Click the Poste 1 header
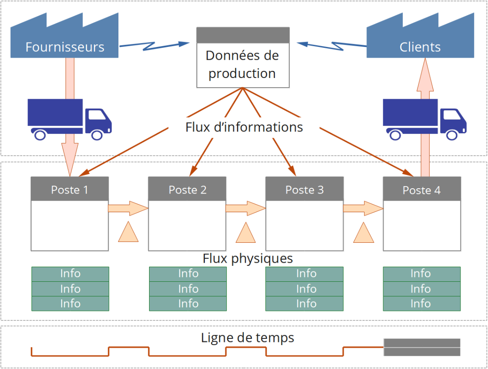click(70, 189)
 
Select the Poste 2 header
click(187, 189)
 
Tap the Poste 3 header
click(304, 189)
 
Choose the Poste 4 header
click(421, 190)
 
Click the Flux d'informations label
click(244, 127)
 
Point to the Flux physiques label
click(248, 258)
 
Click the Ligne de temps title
click(248, 338)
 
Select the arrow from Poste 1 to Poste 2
click(128, 208)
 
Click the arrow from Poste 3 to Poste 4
click(363, 208)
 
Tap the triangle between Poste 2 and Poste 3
click(245, 234)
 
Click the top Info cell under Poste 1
click(70, 274)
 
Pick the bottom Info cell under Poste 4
click(421, 304)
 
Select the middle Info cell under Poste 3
click(304, 289)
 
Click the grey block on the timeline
click(421, 347)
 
